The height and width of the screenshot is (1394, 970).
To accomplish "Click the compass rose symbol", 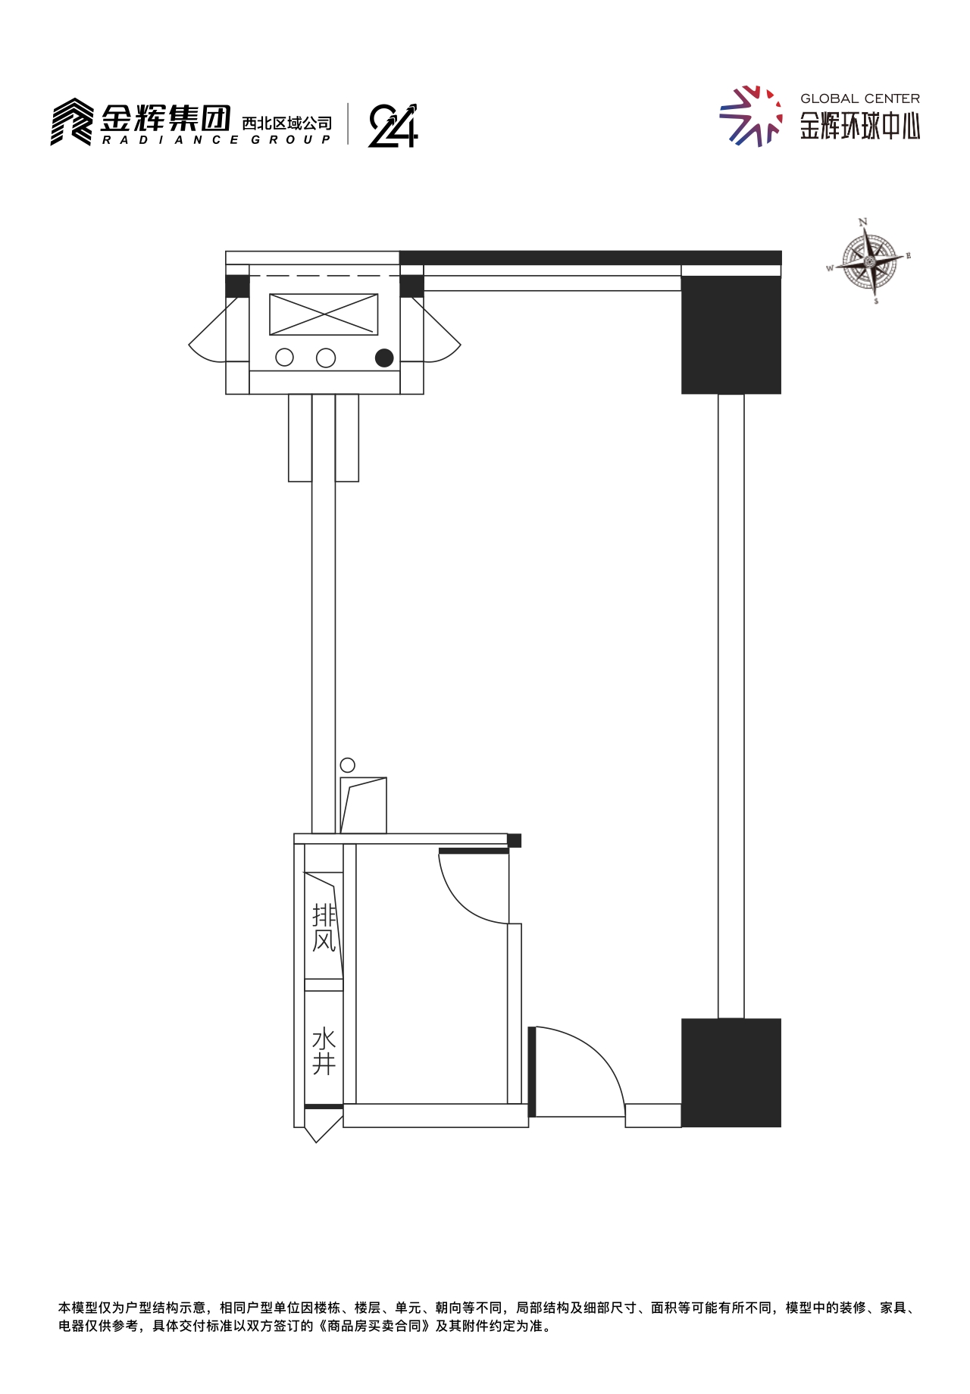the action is tap(870, 261).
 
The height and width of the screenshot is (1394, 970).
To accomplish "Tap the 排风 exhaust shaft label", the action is tap(324, 927).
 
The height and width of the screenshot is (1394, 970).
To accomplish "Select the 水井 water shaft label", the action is tap(324, 1051).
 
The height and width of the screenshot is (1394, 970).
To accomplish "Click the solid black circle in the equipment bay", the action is tap(384, 358).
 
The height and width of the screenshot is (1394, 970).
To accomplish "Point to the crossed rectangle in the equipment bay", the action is tap(324, 314).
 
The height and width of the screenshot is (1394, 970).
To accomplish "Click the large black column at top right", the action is tap(731, 335).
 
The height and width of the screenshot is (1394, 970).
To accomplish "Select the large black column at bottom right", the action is tap(731, 1073).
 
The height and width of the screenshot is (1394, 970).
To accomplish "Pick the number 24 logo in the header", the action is tap(393, 125).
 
